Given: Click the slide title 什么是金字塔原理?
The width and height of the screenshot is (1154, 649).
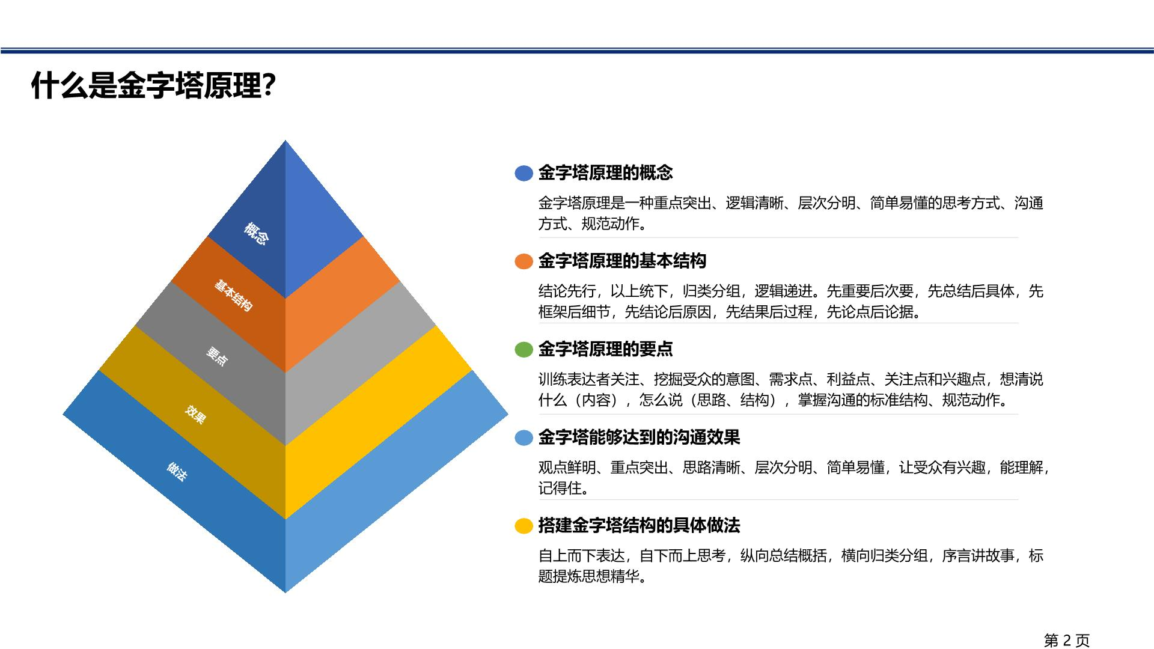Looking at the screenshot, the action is [154, 86].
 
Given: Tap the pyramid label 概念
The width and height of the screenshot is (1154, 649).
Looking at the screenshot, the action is [256, 233].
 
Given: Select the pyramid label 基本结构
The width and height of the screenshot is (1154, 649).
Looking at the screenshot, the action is [233, 295].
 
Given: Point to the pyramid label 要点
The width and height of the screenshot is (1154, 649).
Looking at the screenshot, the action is [217, 356].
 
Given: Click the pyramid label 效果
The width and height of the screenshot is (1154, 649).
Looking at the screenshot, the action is [195, 414].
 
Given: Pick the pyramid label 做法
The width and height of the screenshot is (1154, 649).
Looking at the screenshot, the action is [177, 471].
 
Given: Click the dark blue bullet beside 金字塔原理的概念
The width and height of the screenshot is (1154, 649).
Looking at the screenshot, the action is [524, 173].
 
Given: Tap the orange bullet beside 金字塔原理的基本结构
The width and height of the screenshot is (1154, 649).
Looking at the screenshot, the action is [524, 261].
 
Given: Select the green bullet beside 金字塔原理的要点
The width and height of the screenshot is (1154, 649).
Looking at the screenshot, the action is [524, 350].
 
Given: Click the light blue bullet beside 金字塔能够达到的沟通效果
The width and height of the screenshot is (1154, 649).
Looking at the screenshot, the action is [524, 438].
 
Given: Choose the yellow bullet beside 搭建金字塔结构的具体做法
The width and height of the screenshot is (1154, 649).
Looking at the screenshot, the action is [524, 526].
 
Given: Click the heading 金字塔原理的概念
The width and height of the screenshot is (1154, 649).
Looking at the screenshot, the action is [605, 173].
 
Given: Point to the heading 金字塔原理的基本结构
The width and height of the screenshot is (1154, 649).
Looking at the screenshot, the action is [622, 261].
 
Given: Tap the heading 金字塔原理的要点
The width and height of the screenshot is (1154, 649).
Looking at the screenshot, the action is [605, 349].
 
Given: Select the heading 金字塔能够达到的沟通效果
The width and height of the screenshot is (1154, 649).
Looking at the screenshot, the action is [639, 437].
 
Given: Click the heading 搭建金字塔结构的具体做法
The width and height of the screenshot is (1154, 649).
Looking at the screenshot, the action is [639, 526].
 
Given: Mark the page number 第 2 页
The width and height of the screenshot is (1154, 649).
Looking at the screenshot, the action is [1067, 641].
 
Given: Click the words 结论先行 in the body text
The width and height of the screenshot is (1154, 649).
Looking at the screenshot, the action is [567, 291].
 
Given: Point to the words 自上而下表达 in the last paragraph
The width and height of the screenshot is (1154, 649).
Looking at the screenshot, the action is [581, 556].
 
